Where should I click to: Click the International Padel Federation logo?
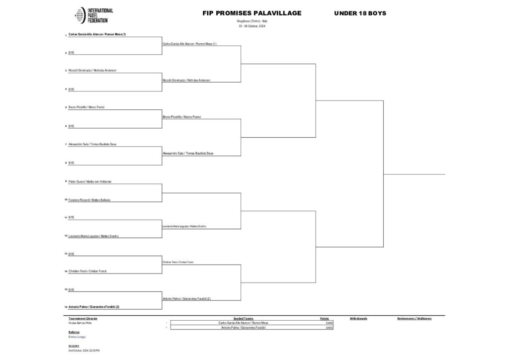coord(94,16)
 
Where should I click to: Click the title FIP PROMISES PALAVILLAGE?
coord(252,13)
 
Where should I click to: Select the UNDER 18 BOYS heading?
coord(360,13)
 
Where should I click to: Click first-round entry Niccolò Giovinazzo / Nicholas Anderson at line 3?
coord(92,71)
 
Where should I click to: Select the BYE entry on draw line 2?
coord(71,52)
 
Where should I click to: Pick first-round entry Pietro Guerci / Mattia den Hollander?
coord(90,181)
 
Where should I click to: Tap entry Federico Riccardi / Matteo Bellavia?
coord(89,200)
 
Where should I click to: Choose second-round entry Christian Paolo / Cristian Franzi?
coord(178,262)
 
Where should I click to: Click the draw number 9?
coord(66,181)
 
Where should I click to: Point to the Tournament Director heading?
coord(83,318)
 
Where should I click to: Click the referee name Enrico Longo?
coord(77,337)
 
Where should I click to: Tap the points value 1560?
coord(329,323)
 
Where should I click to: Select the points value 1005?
coord(329,327)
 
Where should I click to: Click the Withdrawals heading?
coord(358,318)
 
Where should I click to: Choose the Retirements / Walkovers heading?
coord(414,318)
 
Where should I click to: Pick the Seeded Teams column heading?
coord(243,318)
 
